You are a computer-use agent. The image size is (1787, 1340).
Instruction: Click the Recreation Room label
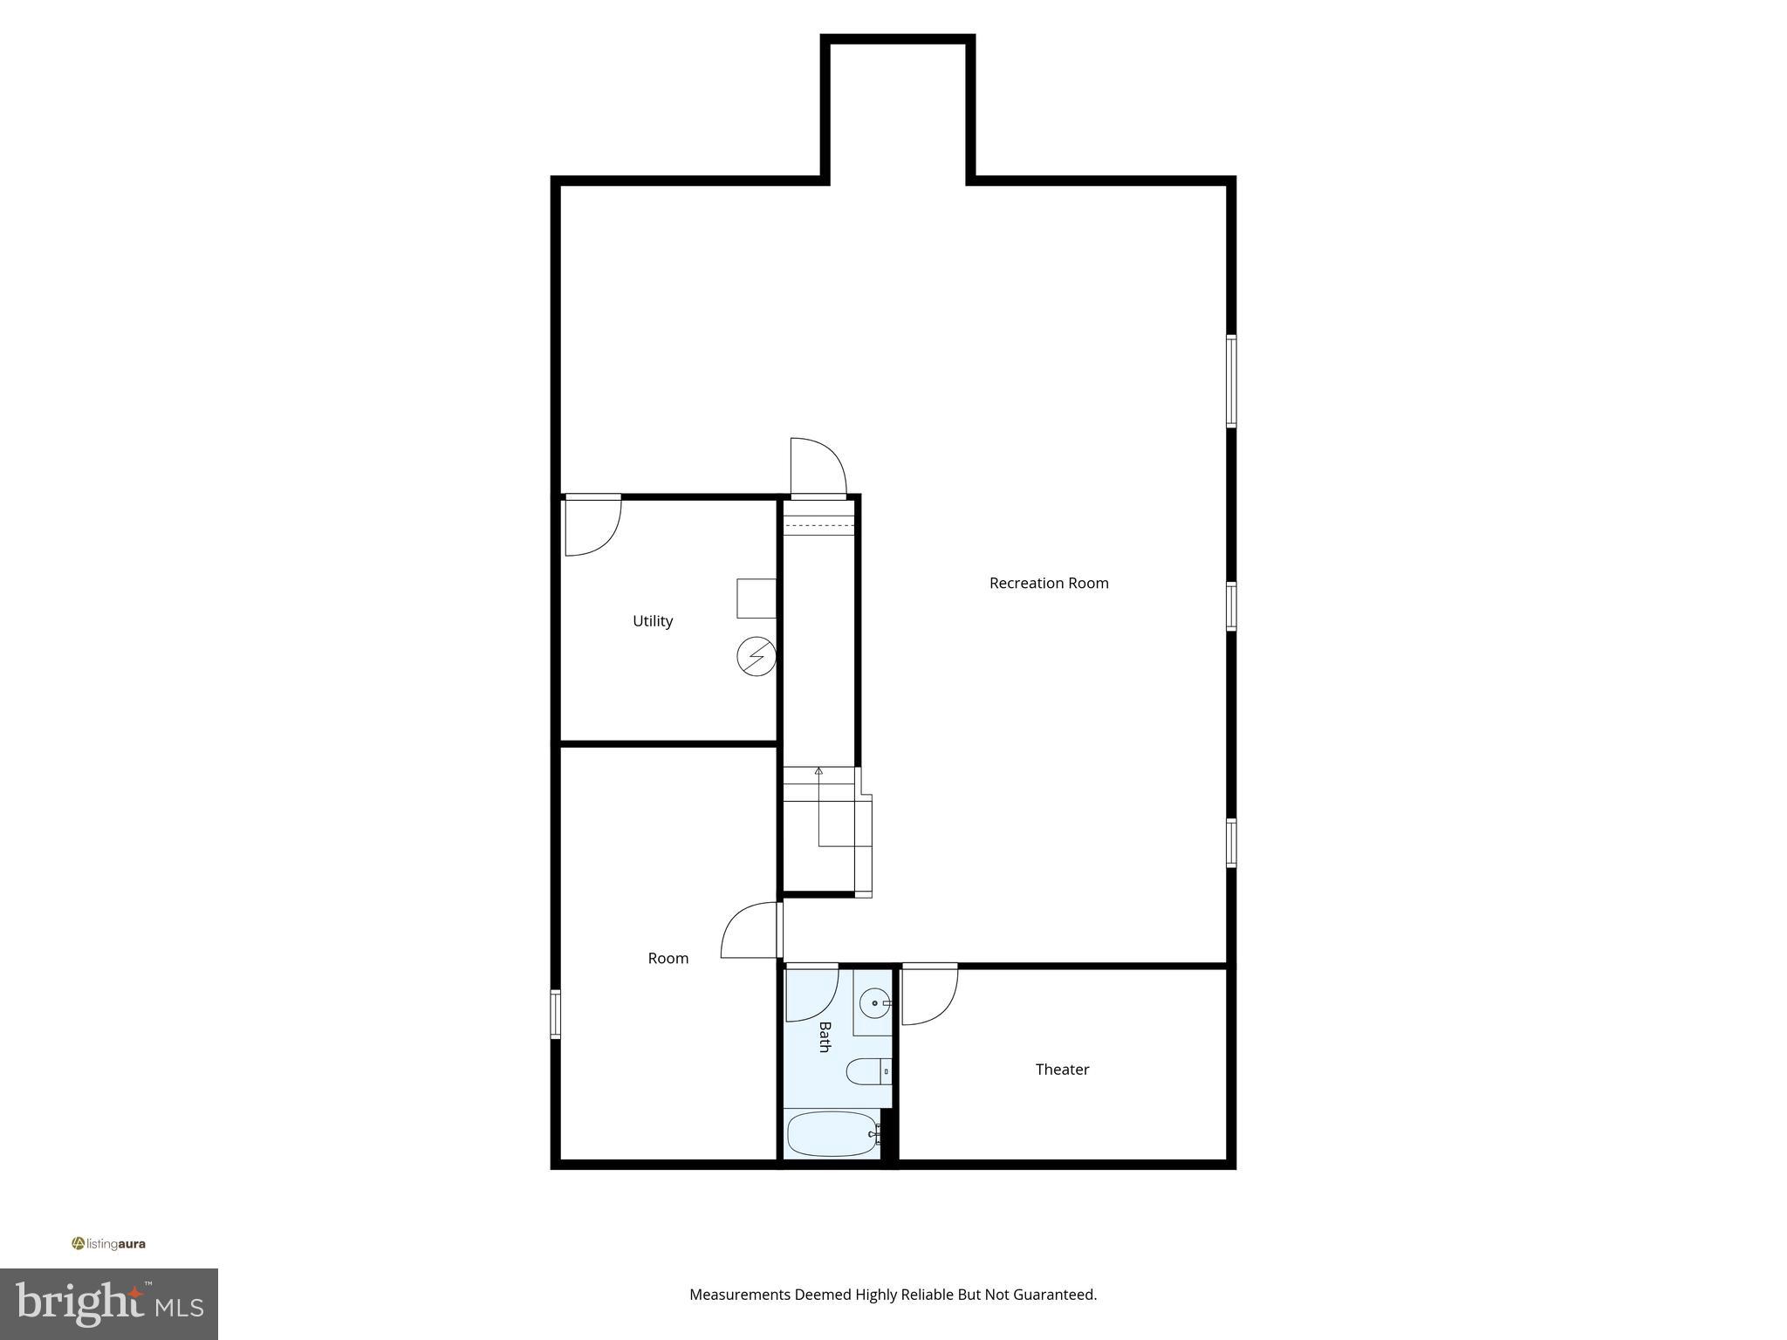(x=1049, y=583)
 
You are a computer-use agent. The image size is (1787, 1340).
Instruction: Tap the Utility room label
(x=653, y=621)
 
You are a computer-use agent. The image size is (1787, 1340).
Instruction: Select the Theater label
(x=1062, y=1070)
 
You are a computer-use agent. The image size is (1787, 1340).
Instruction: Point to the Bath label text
(x=825, y=1037)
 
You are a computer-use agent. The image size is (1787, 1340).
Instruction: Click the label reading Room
(x=668, y=958)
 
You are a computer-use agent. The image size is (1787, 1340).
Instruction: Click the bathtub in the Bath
(x=832, y=1134)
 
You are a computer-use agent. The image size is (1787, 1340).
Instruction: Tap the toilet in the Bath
(x=866, y=1071)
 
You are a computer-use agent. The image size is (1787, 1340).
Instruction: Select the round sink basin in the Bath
(x=873, y=1004)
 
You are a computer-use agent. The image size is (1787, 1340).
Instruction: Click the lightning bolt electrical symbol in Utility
(x=756, y=656)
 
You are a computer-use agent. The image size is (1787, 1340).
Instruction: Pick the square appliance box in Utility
(x=756, y=598)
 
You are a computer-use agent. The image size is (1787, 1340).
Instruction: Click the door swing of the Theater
(x=929, y=995)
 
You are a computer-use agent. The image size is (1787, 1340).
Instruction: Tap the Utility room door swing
(x=592, y=526)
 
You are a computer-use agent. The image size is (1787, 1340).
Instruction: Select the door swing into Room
(x=750, y=930)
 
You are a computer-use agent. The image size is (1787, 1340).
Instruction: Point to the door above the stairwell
(x=818, y=468)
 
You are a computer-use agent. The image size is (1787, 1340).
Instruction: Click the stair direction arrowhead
(x=818, y=771)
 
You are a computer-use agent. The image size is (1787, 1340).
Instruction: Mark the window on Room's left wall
(x=555, y=1014)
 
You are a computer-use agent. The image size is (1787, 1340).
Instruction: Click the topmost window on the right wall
(x=1231, y=381)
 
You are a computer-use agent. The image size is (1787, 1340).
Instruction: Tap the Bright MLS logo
(x=109, y=1303)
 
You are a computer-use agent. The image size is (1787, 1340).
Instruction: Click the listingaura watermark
(x=109, y=1244)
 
